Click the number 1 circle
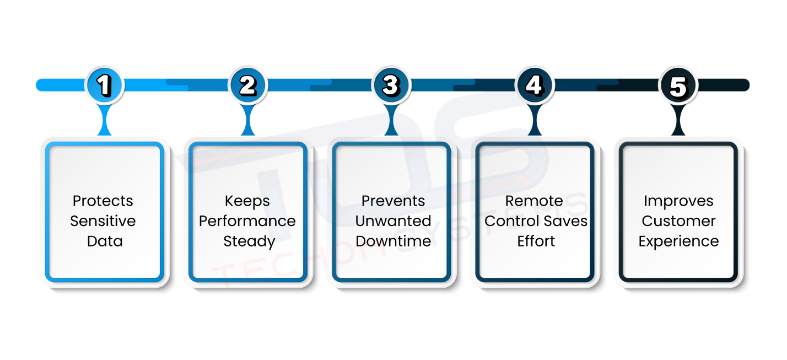[x=105, y=85]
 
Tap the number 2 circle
[x=248, y=85]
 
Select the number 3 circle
[x=391, y=85]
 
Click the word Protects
[x=103, y=201]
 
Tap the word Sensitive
[x=103, y=221]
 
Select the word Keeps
[x=247, y=201]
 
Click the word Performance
[x=247, y=221]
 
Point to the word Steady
[x=249, y=241]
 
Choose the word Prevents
[x=393, y=201]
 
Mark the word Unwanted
[x=393, y=221]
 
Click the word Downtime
[x=393, y=241]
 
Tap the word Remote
[x=534, y=201]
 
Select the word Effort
[x=536, y=241]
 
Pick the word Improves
[x=678, y=201]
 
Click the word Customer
[x=678, y=221]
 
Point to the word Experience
[x=678, y=241]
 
